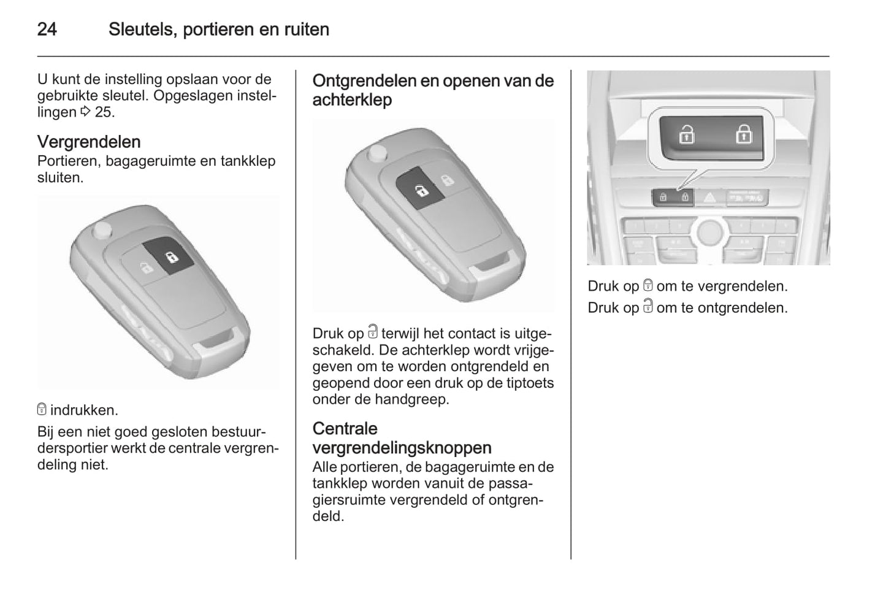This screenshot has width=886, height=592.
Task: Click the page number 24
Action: [x=47, y=29]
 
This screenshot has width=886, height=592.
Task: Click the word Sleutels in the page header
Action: [x=143, y=29]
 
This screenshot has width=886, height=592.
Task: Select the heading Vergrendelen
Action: [x=89, y=142]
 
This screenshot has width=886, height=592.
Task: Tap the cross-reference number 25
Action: [x=104, y=112]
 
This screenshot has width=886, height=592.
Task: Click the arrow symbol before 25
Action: [x=85, y=112]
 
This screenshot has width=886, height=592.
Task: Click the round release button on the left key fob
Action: [x=102, y=229]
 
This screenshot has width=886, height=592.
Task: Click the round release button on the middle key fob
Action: [x=376, y=153]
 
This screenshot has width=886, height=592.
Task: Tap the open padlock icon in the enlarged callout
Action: [x=687, y=134]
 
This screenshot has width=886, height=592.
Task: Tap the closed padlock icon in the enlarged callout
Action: [x=744, y=134]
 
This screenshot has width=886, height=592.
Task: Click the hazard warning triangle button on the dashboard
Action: [x=709, y=197]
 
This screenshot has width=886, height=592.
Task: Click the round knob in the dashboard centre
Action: [x=710, y=232]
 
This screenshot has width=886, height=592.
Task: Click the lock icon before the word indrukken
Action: [x=42, y=409]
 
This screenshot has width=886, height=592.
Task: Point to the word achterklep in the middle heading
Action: [x=352, y=100]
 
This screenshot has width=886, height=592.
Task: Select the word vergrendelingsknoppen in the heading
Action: [x=402, y=448]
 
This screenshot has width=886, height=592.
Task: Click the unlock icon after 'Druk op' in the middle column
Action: [x=373, y=332]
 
